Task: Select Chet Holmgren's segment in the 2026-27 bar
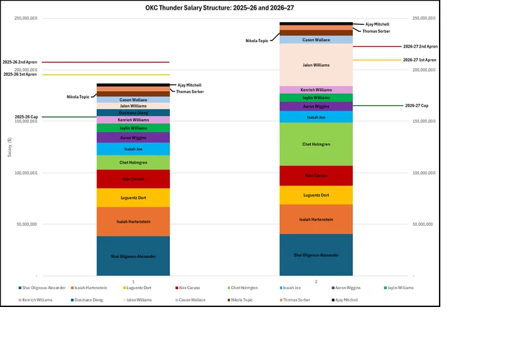pos(316,144)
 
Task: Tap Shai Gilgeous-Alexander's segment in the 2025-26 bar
pos(133,255)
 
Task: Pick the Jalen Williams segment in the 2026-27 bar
pos(316,65)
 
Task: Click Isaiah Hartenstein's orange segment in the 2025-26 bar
pos(133,221)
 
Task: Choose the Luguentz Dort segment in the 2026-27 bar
pos(316,195)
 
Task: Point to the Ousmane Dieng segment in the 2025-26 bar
pos(133,113)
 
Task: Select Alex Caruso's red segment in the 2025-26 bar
pos(133,179)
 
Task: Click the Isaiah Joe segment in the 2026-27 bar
pos(316,117)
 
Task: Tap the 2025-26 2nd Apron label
pos(20,62)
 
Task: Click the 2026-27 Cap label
pos(416,106)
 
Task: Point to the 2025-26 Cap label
pos(26,117)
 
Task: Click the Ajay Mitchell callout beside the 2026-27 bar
pos(377,23)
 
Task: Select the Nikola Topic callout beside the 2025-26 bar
pos(78,97)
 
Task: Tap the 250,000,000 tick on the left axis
pos(25,19)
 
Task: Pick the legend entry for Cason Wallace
pos(192,300)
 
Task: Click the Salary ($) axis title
pos(10,147)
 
